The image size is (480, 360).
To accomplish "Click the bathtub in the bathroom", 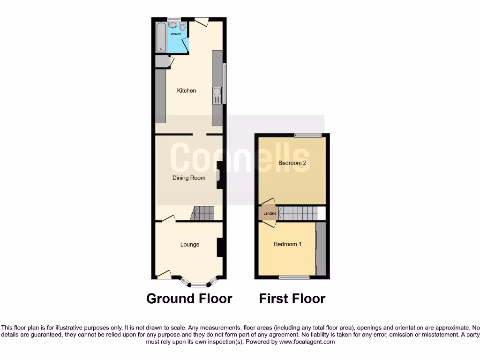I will click(x=161, y=37).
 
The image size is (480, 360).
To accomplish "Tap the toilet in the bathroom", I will click(x=182, y=27).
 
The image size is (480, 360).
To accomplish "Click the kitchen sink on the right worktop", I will click(x=217, y=96).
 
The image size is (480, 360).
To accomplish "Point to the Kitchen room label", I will click(x=186, y=90).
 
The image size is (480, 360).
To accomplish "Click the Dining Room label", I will click(x=188, y=178).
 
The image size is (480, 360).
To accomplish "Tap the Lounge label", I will click(x=190, y=244).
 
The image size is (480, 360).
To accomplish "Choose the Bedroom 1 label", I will click(x=288, y=244).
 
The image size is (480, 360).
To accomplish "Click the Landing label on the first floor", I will click(x=270, y=214).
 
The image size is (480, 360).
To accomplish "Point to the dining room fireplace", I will click(x=219, y=175).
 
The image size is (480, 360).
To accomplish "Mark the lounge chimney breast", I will click(x=219, y=247).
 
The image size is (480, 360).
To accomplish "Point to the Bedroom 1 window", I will click(x=294, y=277).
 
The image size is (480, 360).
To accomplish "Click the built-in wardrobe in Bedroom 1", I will click(x=321, y=248).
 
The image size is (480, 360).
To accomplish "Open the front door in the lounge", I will click(x=164, y=274).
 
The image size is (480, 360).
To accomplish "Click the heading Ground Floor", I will click(x=189, y=299).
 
